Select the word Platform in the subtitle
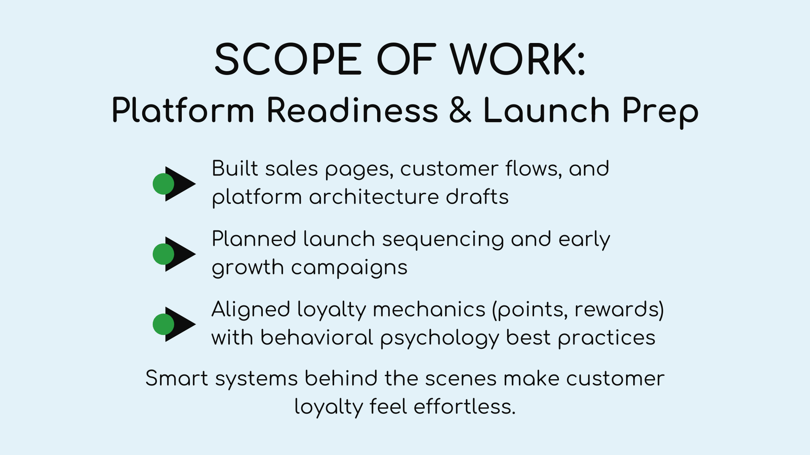(x=183, y=110)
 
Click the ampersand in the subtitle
(x=460, y=110)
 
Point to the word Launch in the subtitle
(x=546, y=110)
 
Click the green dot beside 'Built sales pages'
(x=163, y=184)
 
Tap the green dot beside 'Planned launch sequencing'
(x=163, y=254)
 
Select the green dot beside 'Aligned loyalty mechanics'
(x=163, y=325)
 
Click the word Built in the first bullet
(x=234, y=168)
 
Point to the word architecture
(x=374, y=197)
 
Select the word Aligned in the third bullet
(x=250, y=309)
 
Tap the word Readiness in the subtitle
(x=352, y=110)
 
